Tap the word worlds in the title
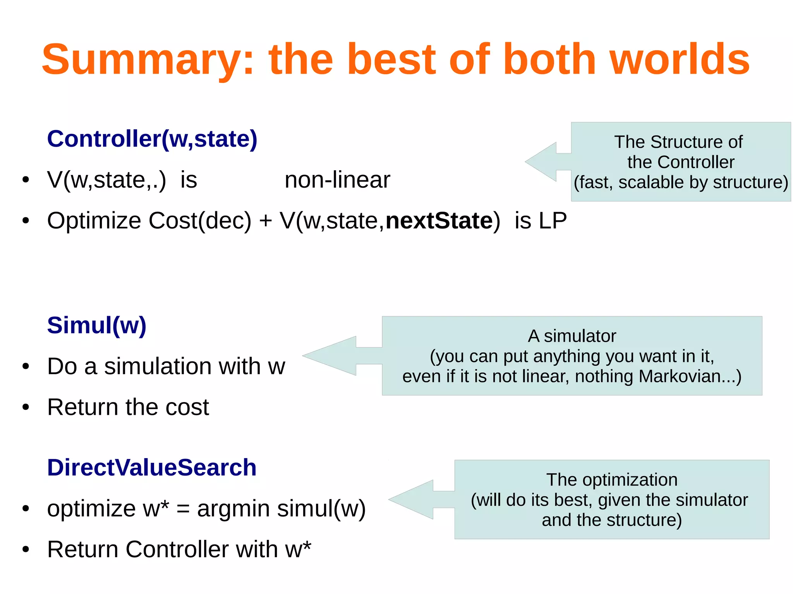point(680,60)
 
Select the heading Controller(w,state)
point(152,139)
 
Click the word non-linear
point(337,180)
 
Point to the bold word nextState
point(439,221)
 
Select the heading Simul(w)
point(97,325)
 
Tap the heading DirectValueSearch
point(152,467)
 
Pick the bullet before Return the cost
point(26,407)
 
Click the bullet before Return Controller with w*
point(26,549)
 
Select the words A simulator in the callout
point(572,336)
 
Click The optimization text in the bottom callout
point(612,480)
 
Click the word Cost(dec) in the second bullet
point(200,221)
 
